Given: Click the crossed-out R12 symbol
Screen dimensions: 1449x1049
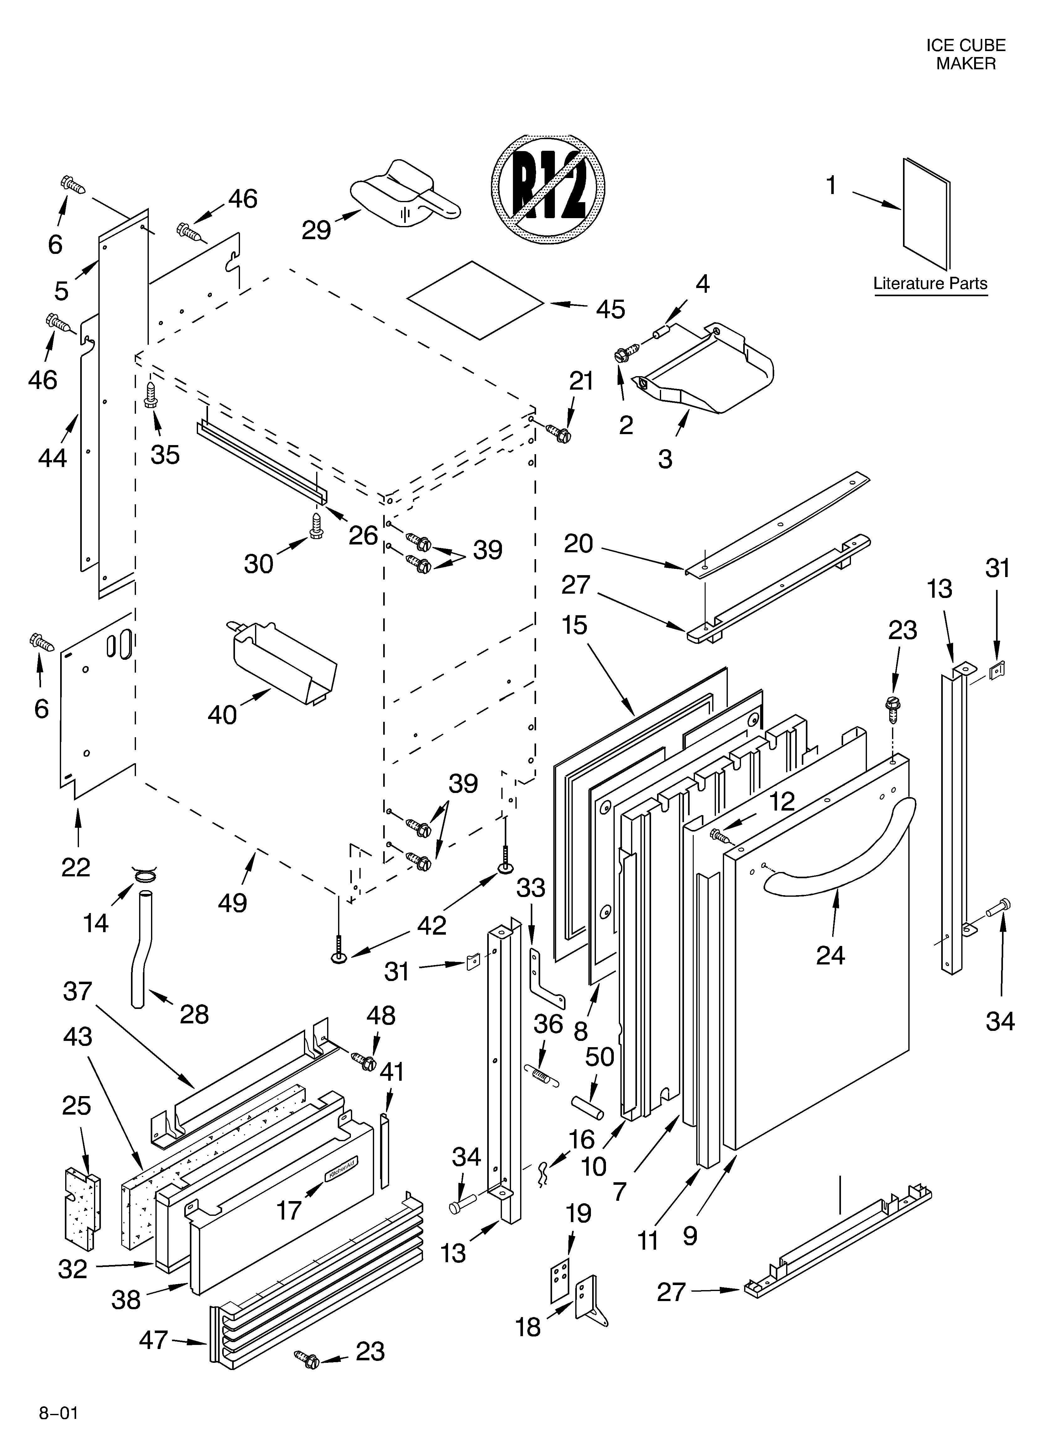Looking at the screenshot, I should tap(547, 189).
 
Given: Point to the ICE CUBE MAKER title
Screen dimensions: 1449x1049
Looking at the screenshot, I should tap(965, 54).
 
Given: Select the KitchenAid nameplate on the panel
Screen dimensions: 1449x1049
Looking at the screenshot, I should tap(342, 1170).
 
